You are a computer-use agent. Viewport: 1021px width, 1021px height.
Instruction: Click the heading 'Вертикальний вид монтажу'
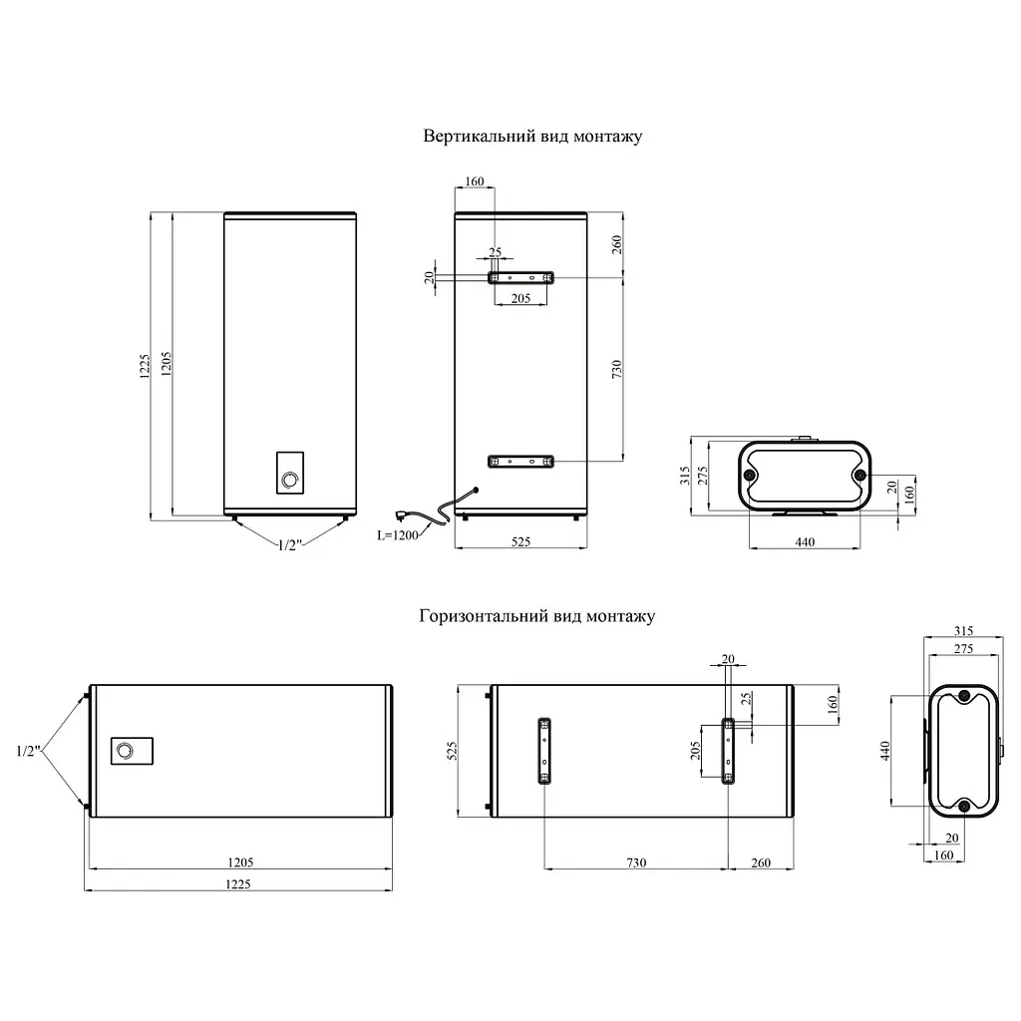click(532, 137)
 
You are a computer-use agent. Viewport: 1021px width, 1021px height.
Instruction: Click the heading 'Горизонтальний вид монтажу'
click(536, 616)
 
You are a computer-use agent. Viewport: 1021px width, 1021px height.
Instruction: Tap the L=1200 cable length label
click(397, 535)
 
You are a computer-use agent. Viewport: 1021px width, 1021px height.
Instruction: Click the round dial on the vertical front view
click(289, 481)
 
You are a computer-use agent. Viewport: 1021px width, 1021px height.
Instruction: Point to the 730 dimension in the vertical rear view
click(616, 369)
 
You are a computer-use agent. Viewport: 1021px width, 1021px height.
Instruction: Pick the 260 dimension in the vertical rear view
click(616, 244)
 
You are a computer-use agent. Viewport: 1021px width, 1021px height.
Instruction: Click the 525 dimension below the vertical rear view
click(520, 541)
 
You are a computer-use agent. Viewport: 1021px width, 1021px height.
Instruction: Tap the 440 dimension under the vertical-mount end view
click(805, 541)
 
